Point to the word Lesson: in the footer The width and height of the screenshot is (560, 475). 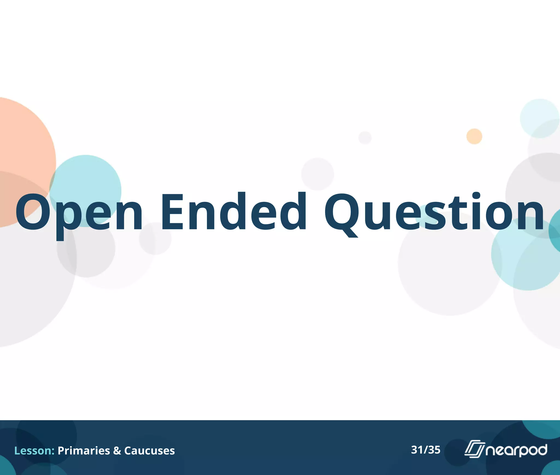pos(34,451)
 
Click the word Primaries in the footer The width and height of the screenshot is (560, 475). pos(84,451)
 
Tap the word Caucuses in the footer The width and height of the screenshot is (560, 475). pos(149,451)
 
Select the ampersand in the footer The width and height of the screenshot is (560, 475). pos(117,451)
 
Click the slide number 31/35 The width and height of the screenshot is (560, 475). pos(426,450)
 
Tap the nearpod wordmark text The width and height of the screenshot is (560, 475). pos(516,450)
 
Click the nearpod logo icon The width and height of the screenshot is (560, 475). pos(474,449)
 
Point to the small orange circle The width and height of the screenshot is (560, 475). pos(474,136)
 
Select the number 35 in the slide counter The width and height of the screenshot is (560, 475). pos(434,450)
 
